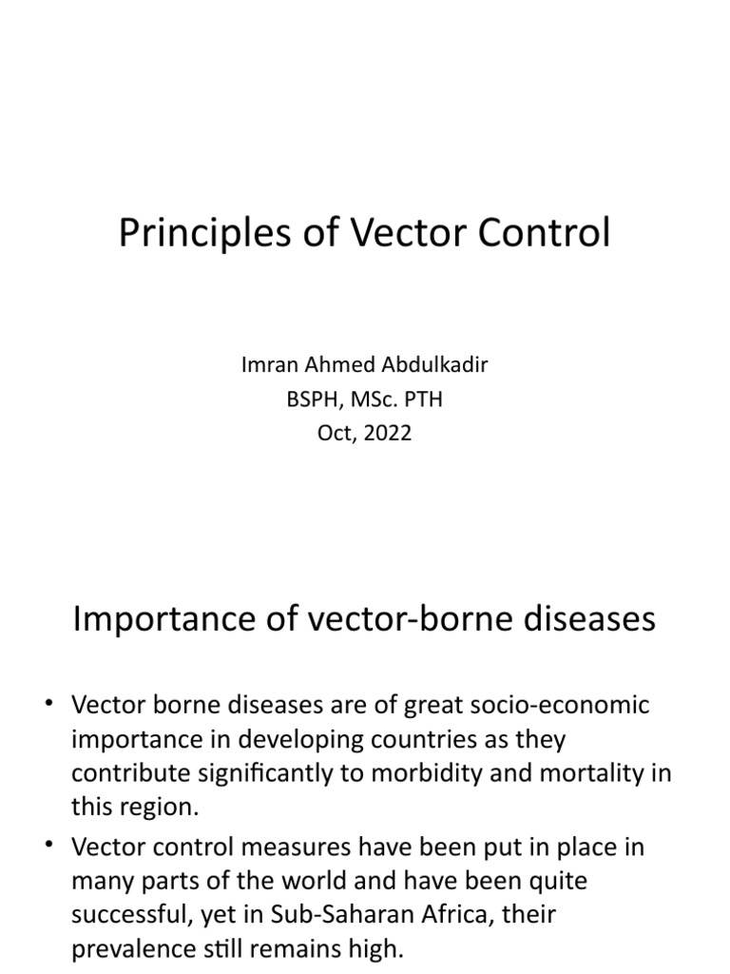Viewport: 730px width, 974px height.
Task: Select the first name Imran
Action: point(272,366)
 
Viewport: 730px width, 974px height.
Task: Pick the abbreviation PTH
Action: point(423,399)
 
